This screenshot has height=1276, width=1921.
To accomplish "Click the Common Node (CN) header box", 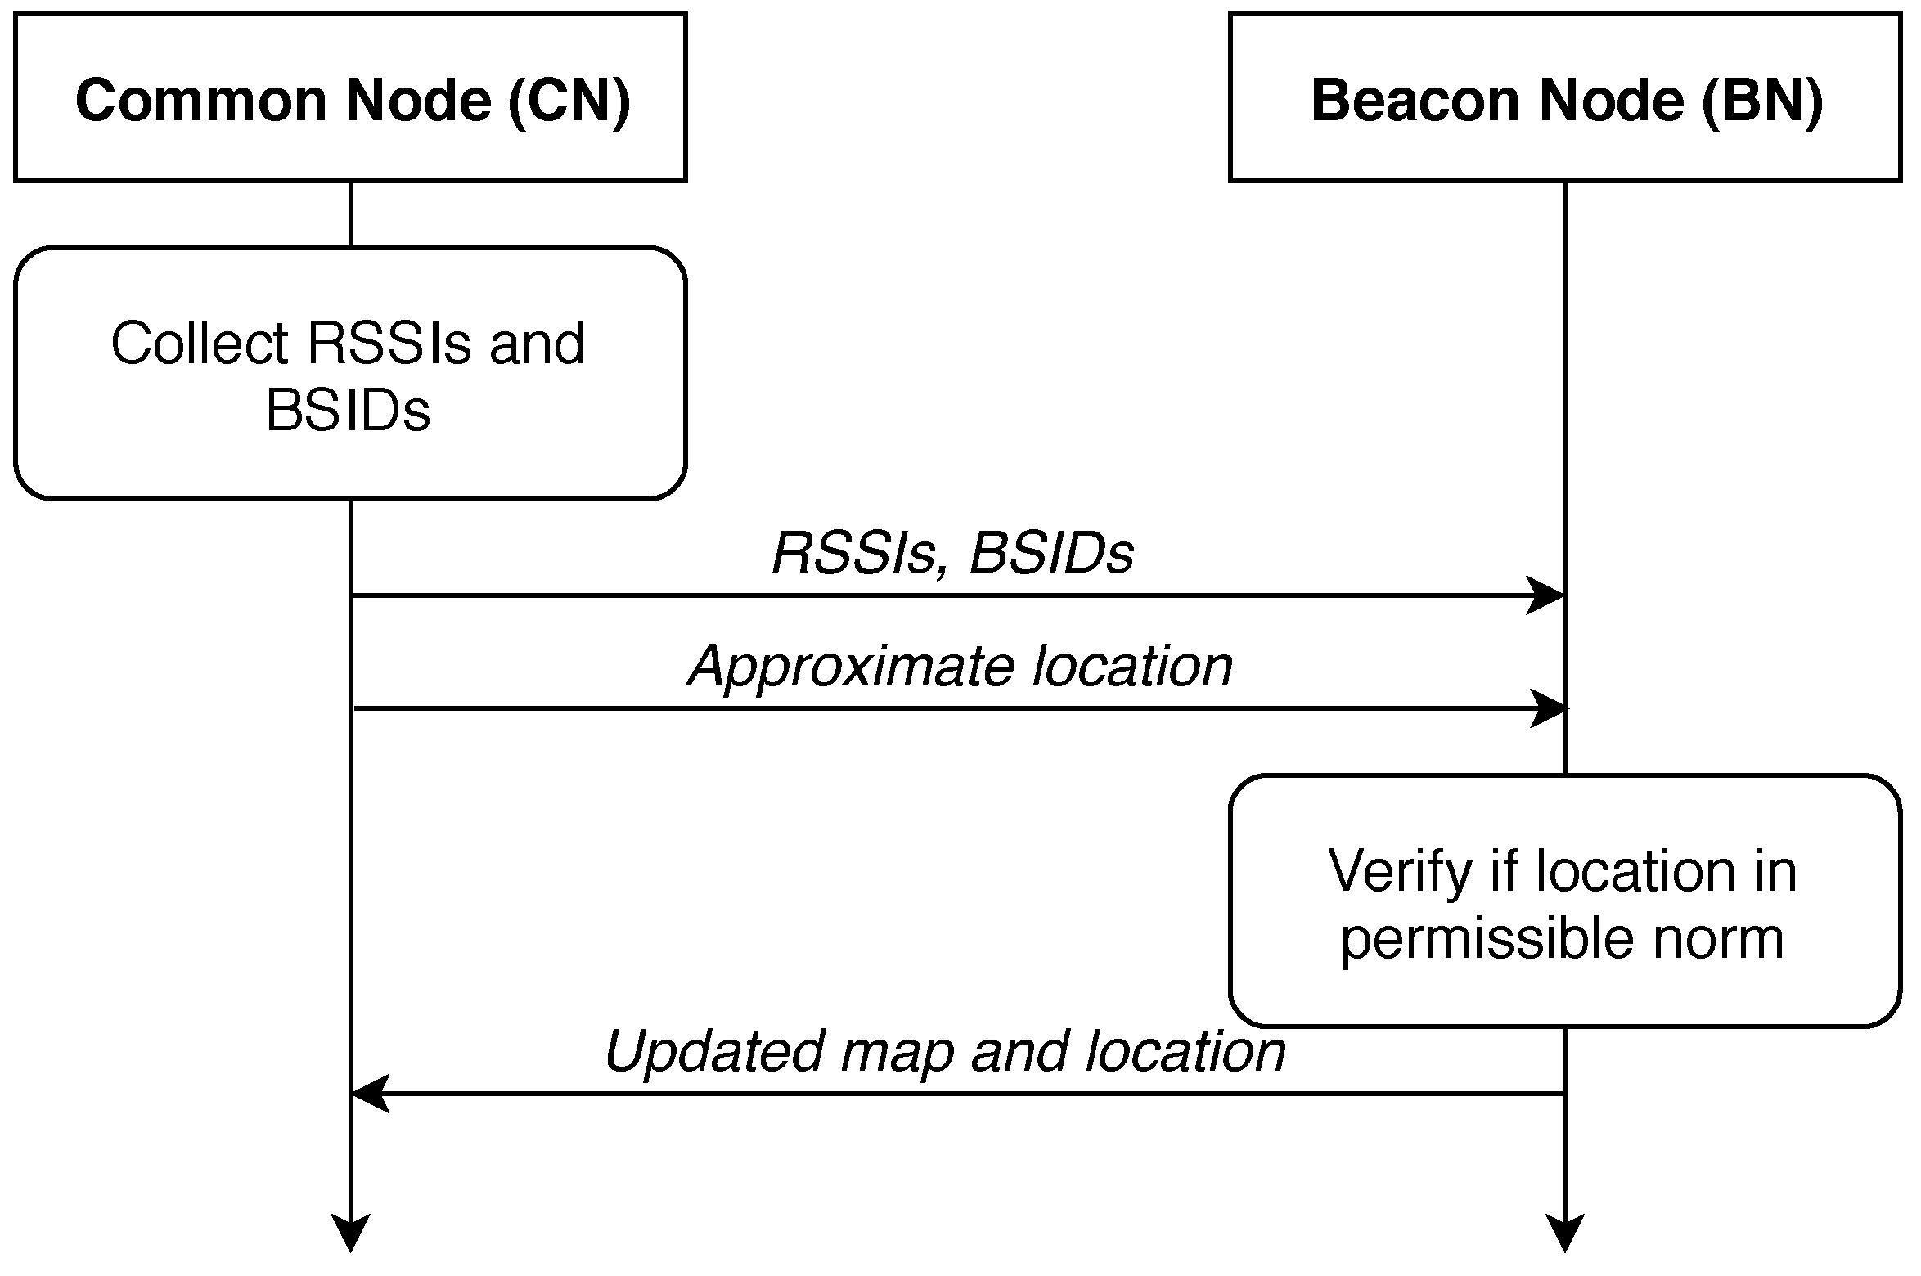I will tap(350, 97).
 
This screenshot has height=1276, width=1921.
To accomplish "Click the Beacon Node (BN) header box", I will tap(1564, 97).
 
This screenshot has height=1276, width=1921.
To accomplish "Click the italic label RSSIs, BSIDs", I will tap(953, 553).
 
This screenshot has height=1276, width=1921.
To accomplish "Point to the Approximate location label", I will tap(961, 666).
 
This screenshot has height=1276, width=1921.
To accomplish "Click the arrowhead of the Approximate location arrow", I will tap(1548, 708).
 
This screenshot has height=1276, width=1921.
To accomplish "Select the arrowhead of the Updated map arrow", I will tap(370, 1093).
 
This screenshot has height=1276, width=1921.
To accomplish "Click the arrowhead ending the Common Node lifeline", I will tap(350, 1233).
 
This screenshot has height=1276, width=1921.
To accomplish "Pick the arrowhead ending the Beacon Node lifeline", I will tap(1564, 1233).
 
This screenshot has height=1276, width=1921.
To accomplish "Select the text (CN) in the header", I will tap(569, 100).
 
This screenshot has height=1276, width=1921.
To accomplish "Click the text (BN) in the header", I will tap(1762, 100).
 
